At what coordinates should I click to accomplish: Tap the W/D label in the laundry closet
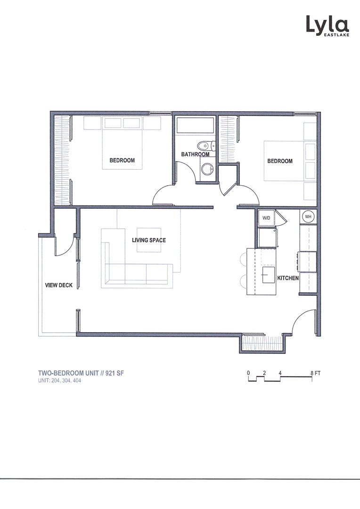pyautogui.click(x=266, y=218)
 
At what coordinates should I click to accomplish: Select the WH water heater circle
pyautogui.click(x=309, y=217)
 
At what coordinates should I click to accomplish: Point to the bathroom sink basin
pyautogui.click(x=206, y=168)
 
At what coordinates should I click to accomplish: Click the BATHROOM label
pyautogui.click(x=195, y=155)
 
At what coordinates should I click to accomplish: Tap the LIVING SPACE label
pyautogui.click(x=148, y=240)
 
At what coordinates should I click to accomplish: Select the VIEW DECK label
pyautogui.click(x=58, y=285)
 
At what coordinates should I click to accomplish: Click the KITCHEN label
pyautogui.click(x=287, y=278)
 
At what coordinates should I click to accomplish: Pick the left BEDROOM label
pyautogui.click(x=122, y=161)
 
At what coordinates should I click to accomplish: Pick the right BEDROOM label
pyautogui.click(x=280, y=161)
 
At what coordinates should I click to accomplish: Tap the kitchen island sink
pyautogui.click(x=269, y=273)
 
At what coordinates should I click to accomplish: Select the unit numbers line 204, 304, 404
pyautogui.click(x=62, y=381)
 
